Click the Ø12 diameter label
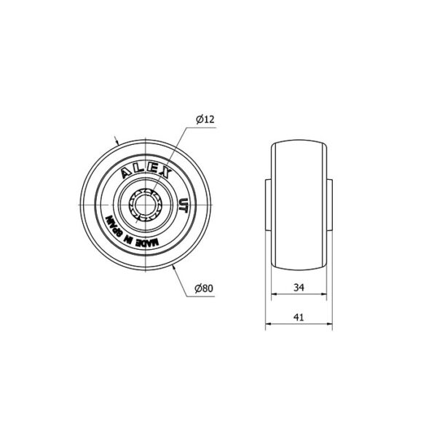(205, 119)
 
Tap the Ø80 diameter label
(204, 288)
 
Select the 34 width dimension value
(299, 288)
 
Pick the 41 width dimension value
(299, 318)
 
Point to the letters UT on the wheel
(183, 205)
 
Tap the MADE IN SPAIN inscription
(131, 233)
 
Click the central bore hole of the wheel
(146, 205)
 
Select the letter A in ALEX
(126, 174)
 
